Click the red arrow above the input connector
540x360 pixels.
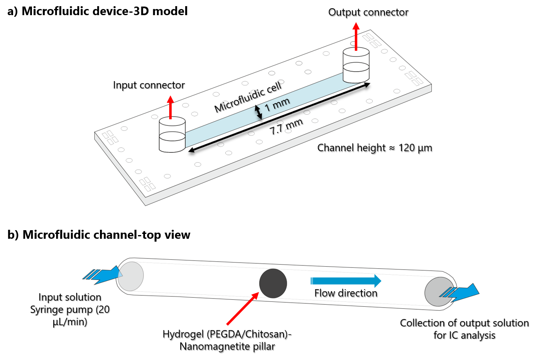coord(171,107)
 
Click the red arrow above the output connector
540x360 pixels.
coord(356,36)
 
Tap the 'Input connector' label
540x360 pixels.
coord(149,85)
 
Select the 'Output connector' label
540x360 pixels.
coord(368,12)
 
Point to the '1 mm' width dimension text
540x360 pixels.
coord(277,105)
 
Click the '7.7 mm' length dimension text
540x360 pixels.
coord(286,127)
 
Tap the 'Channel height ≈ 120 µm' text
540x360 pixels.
coord(374,148)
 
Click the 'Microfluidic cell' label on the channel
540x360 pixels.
coord(248,97)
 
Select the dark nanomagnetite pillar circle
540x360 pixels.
coord(273,283)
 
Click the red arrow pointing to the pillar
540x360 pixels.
coord(243,309)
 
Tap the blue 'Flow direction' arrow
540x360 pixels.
coord(346,281)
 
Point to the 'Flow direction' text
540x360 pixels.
coord(346,293)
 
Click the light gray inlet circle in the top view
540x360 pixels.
coord(131,276)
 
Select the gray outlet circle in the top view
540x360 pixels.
coord(439,292)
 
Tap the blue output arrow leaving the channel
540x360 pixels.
coord(459,292)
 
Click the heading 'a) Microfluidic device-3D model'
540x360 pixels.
coord(98,11)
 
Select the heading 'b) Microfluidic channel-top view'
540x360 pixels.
coord(99,235)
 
